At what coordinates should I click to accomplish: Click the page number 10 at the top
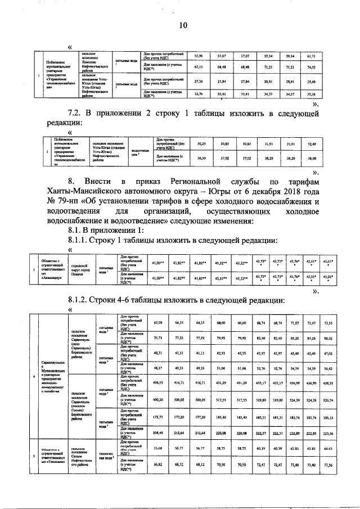point(183,25)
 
